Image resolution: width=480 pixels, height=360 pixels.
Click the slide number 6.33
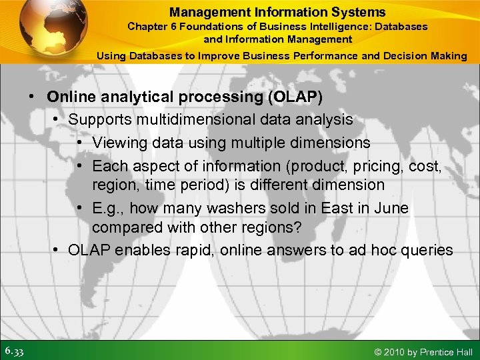tap(15, 351)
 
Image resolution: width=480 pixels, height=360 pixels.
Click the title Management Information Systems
tap(277, 12)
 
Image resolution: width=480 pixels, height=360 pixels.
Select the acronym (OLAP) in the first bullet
tap(295, 97)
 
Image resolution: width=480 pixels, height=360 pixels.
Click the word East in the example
tap(338, 208)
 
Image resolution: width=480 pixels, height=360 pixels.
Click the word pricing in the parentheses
tap(336, 165)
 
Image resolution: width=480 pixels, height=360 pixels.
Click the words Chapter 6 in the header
tap(151, 27)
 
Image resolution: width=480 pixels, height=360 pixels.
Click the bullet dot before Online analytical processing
tap(32, 97)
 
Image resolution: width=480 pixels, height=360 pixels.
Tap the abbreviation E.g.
tap(108, 208)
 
